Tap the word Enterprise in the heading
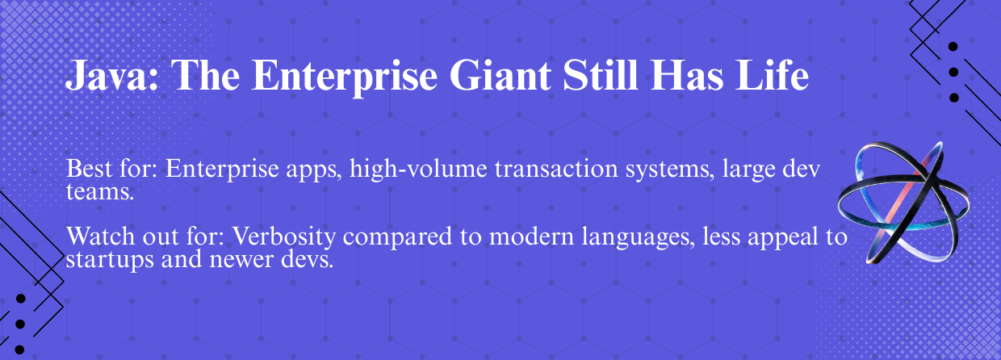pos(345,74)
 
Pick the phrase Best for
pos(111,169)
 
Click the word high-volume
pos(418,170)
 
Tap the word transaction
pos(556,170)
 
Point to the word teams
pos(99,192)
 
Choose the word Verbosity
pos(284,237)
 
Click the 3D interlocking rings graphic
pos(903,203)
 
